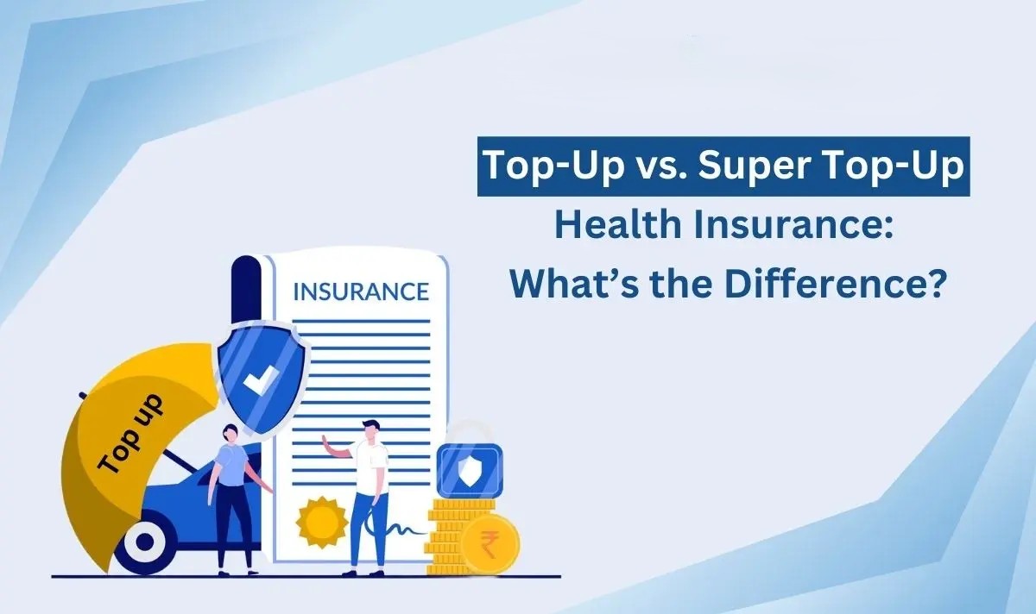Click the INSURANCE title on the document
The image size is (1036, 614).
(x=361, y=291)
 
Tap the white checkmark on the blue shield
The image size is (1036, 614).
(x=261, y=379)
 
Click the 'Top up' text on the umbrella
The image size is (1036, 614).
(x=131, y=435)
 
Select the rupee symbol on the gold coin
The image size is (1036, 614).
(x=490, y=544)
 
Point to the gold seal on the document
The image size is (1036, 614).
(x=322, y=522)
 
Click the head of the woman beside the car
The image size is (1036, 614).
(x=231, y=433)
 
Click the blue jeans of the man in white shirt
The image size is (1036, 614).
(x=368, y=529)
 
